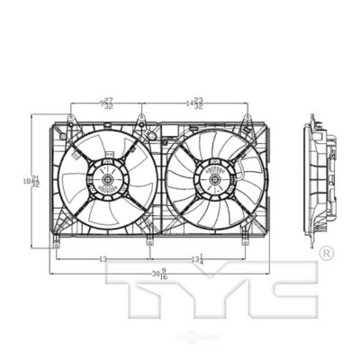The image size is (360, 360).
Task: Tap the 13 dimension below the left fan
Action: pyautogui.click(x=103, y=260)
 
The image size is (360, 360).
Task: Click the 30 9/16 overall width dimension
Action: pyautogui.click(x=160, y=274)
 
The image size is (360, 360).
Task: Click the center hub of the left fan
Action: pyautogui.click(x=107, y=181)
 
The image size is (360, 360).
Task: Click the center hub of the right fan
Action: pyautogui.click(x=217, y=181)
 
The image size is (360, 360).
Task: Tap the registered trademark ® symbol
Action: pyautogui.click(x=326, y=252)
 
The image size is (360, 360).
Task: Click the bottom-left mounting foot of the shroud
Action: pyautogui.click(x=56, y=241)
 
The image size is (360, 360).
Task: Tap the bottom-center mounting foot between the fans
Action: pyautogui.click(x=148, y=241)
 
